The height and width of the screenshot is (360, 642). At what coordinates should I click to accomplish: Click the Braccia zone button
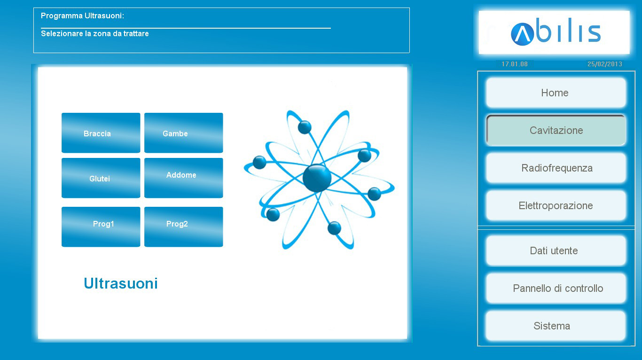(101, 133)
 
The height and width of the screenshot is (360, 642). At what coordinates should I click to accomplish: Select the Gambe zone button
(183, 133)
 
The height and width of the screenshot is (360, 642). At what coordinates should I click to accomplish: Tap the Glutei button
(101, 178)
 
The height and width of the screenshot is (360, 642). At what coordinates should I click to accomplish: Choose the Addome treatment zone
(183, 178)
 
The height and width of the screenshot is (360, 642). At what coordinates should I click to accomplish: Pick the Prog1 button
(101, 227)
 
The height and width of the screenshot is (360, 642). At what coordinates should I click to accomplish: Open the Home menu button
(556, 93)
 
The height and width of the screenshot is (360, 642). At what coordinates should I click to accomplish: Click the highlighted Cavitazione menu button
(556, 130)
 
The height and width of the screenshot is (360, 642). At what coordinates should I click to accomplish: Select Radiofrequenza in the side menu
(556, 168)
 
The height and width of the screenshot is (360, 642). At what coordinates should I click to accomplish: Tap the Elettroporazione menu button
(556, 205)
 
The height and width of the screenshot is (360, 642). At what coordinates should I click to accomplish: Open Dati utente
(556, 251)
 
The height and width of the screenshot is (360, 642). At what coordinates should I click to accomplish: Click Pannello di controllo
(556, 289)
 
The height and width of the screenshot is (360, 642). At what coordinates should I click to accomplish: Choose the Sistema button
(556, 326)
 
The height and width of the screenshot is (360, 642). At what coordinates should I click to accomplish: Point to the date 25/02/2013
(605, 64)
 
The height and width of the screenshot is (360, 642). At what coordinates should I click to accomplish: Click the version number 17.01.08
(515, 64)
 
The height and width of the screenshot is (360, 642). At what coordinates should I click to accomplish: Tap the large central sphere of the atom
(317, 178)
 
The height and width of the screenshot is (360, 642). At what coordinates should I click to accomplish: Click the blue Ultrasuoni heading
(121, 283)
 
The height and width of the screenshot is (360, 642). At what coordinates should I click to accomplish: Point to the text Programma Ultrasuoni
(82, 16)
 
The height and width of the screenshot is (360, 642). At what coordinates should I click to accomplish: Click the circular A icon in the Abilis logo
(522, 34)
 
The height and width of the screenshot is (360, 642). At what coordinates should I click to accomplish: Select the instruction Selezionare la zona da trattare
(94, 33)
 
